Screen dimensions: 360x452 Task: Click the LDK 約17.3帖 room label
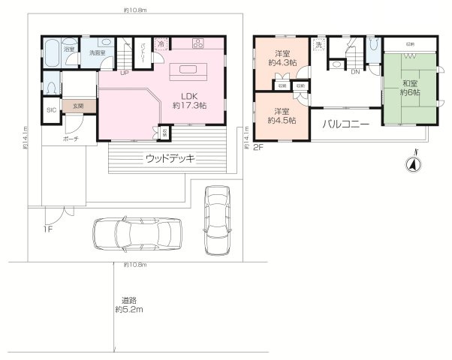click(188, 100)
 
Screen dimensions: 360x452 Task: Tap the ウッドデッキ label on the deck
click(170, 158)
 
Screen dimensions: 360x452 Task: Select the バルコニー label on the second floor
click(345, 124)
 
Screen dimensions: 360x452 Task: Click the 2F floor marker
click(258, 148)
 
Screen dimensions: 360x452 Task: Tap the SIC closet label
click(51, 110)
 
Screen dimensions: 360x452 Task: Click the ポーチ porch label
click(71, 139)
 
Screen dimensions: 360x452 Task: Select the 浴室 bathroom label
click(68, 49)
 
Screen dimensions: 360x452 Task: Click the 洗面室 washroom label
click(96, 52)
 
